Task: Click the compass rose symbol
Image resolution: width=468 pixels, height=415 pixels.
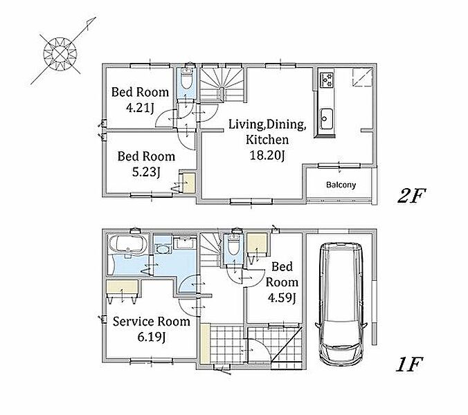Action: [61, 54]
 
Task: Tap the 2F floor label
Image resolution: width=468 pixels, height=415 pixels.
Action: [411, 196]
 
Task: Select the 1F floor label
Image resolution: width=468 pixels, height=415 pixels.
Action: [410, 365]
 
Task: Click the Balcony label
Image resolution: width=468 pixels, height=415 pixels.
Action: [341, 185]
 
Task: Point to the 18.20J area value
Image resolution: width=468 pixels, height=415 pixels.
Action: [267, 156]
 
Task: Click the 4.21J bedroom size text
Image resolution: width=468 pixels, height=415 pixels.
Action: [140, 108]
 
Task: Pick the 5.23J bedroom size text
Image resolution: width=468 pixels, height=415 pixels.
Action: [146, 172]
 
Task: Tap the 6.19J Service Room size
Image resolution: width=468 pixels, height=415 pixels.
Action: [152, 337]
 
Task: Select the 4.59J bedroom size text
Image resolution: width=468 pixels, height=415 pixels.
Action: [282, 297]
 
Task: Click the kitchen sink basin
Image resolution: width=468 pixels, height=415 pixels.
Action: [325, 119]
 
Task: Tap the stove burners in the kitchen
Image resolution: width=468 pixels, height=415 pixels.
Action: [326, 80]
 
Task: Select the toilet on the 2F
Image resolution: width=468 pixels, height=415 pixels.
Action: [187, 79]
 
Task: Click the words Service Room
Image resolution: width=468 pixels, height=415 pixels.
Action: [152, 322]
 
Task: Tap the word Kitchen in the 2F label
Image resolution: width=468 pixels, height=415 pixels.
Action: [267, 140]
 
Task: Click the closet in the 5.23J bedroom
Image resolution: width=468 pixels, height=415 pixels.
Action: [188, 182]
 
